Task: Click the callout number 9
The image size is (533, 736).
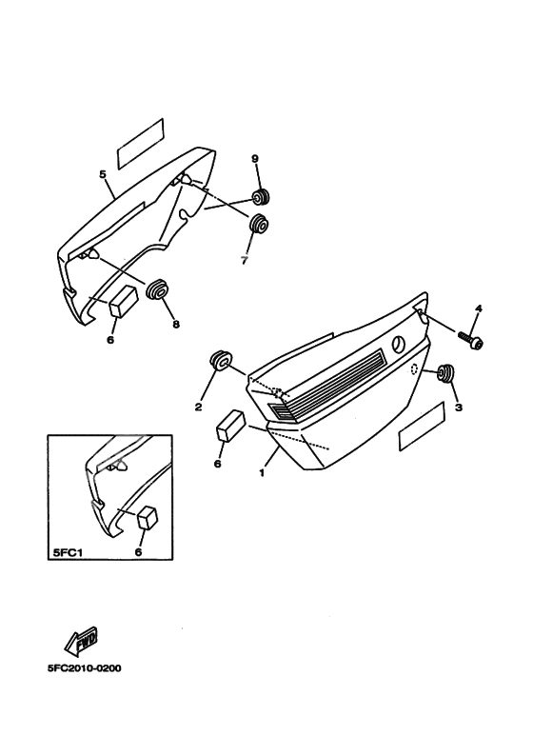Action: pyautogui.click(x=255, y=159)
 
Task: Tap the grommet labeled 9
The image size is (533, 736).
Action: pyautogui.click(x=262, y=197)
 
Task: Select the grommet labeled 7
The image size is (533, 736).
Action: pyautogui.click(x=258, y=224)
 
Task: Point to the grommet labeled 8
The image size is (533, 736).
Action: pyautogui.click(x=157, y=289)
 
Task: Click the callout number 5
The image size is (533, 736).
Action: pyautogui.click(x=103, y=174)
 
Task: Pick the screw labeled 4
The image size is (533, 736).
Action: pyautogui.click(x=470, y=340)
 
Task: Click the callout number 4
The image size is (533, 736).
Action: pyautogui.click(x=478, y=308)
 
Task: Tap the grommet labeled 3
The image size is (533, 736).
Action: pyautogui.click(x=445, y=372)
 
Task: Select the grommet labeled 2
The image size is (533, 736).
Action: pyautogui.click(x=220, y=361)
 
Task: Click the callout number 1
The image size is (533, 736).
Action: pyautogui.click(x=262, y=473)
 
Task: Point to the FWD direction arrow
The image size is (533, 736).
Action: pyautogui.click(x=81, y=641)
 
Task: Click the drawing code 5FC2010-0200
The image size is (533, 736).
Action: pyautogui.click(x=84, y=668)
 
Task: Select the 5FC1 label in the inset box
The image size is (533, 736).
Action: pyautogui.click(x=66, y=552)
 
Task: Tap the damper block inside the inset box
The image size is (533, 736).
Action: pyautogui.click(x=147, y=517)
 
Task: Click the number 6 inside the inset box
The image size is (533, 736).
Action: pyautogui.click(x=138, y=552)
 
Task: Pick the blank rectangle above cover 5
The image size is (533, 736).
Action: pyautogui.click(x=140, y=144)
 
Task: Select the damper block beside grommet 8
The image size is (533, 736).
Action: pyautogui.click(x=124, y=303)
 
